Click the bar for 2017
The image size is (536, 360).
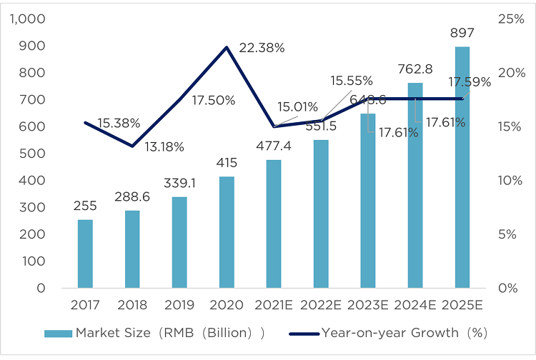coord(85,254)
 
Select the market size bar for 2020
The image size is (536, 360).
coord(227,232)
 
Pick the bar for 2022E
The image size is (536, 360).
coord(321,214)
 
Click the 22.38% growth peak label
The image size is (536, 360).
coord(262,48)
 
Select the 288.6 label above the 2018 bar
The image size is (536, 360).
coord(132,195)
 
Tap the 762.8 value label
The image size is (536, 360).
coord(415,69)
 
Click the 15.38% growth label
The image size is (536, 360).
coord(119,123)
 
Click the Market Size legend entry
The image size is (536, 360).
coord(154,332)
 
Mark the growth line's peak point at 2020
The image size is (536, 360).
coord(227,47)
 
